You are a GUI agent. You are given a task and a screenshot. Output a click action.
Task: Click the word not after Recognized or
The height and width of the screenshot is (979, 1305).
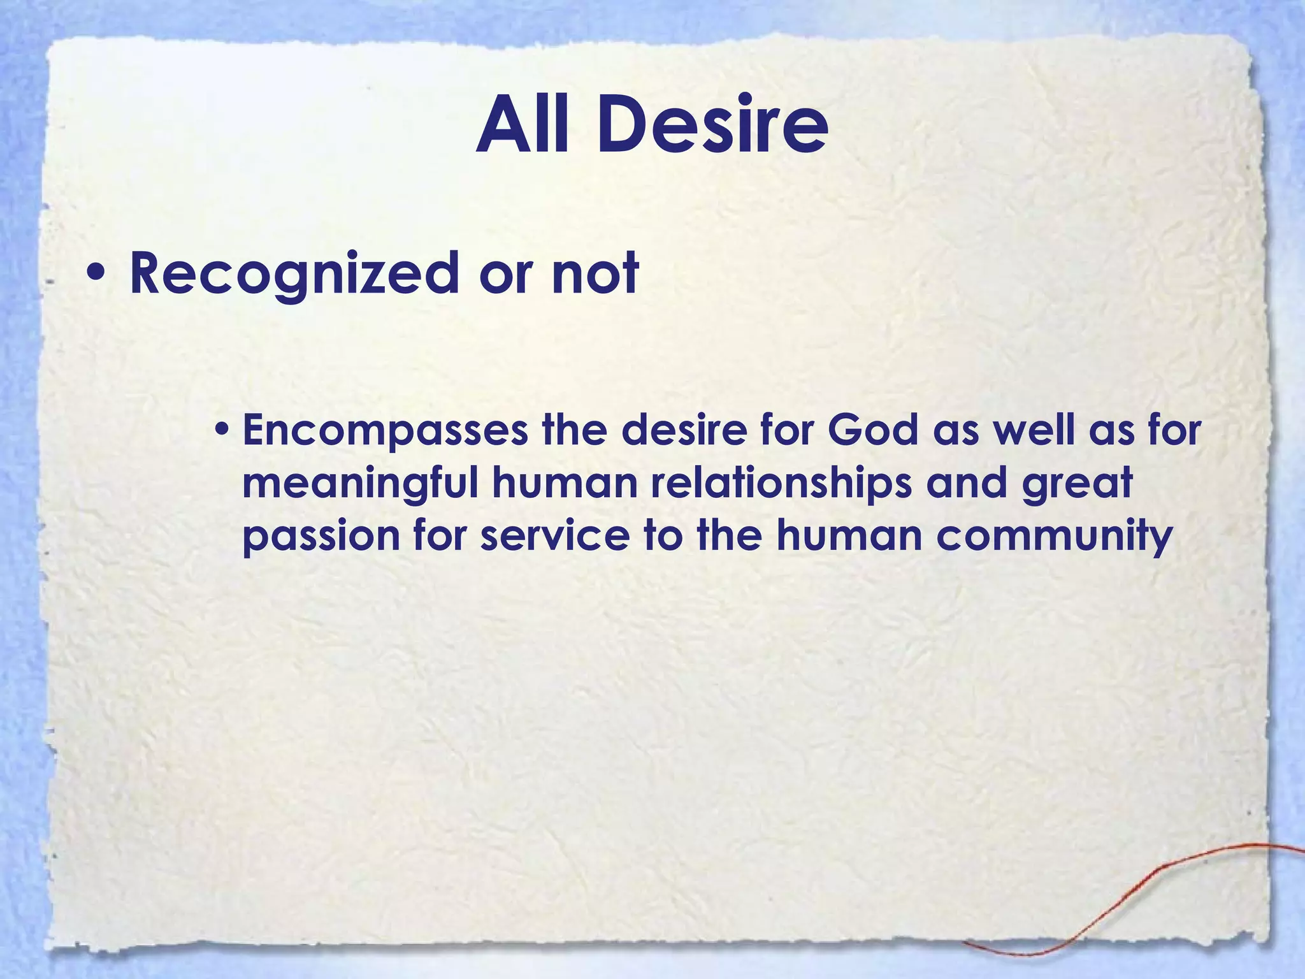[x=595, y=273]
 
